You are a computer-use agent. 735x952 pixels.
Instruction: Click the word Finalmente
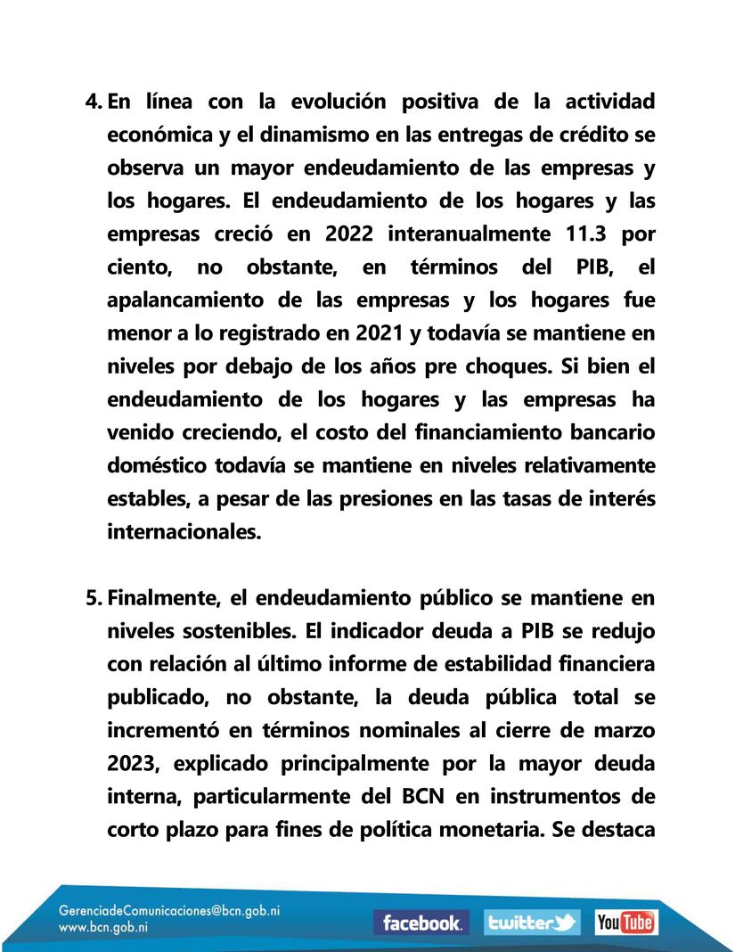pos(163,596)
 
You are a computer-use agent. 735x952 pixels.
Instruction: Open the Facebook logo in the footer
pos(421,923)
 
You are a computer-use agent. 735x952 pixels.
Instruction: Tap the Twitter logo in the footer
pos(532,923)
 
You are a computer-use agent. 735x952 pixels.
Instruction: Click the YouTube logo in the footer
pos(625,923)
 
